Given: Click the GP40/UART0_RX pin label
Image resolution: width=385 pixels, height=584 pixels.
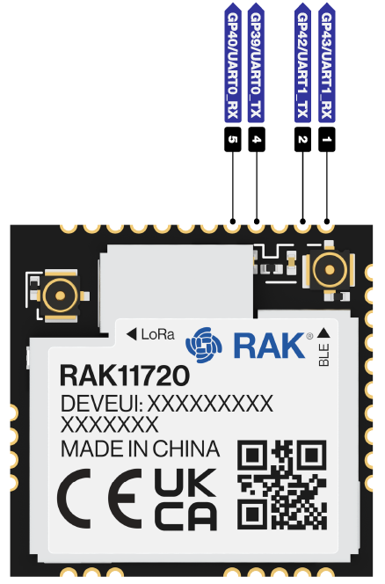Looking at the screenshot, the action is (233, 62).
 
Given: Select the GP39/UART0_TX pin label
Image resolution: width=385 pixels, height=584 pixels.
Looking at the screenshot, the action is (256, 62).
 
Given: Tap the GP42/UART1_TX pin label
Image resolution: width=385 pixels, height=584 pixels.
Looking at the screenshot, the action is (302, 62).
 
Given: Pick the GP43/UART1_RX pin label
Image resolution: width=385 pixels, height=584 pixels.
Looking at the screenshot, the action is (326, 62).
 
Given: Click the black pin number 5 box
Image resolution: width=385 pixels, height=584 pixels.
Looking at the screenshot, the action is (233, 140).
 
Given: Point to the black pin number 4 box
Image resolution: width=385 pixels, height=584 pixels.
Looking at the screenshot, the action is (257, 140).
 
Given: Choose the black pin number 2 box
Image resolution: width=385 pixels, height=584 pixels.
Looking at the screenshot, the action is (302, 140).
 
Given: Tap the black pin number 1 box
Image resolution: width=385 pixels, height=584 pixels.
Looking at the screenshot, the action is (326, 140).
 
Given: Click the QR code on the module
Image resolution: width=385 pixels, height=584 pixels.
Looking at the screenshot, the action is (282, 485).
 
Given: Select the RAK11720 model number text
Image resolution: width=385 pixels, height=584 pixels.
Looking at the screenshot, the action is (125, 376).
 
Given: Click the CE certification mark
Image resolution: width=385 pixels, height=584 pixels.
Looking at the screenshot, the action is (100, 499).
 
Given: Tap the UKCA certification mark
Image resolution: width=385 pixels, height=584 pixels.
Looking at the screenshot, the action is (185, 499).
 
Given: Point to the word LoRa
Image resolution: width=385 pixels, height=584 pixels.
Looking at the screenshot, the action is (158, 334).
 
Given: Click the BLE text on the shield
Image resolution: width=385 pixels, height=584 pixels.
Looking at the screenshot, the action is (324, 355).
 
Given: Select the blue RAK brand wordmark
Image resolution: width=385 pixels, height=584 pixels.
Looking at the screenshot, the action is (269, 346).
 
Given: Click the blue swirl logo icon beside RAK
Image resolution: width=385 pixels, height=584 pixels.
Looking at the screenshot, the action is (204, 345).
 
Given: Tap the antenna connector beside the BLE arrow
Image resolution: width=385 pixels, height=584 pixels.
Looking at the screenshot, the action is (330, 270).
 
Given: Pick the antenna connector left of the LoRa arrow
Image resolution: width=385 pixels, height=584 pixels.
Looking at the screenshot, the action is (59, 296).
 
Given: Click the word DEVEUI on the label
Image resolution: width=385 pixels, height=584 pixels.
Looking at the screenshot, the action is (98, 404).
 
